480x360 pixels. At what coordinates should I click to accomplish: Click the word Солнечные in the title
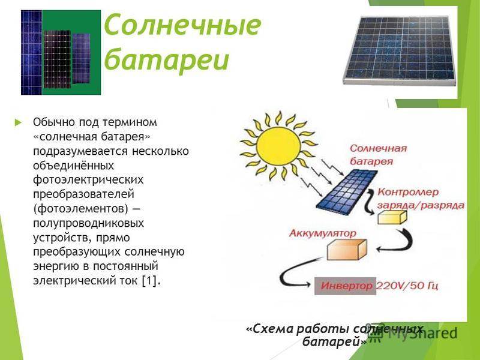pos(182,25)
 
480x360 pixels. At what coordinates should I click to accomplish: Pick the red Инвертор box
pos(347,286)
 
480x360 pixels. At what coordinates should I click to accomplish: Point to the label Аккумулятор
pos(323,232)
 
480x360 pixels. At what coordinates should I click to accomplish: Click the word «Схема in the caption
pos(271,328)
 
